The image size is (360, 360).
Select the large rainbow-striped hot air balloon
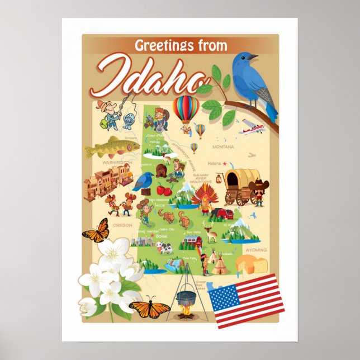pyautogui.click(x=185, y=109)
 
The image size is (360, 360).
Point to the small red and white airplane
pyautogui.click(x=250, y=130)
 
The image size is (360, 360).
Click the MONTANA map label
pyautogui.click(x=223, y=147)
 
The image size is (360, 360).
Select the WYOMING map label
pyautogui.click(x=256, y=250)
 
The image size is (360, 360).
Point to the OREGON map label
pyautogui.click(x=122, y=225)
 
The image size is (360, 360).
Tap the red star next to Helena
pyautogui.click(x=225, y=163)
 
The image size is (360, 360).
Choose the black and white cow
pyautogui.click(x=165, y=247)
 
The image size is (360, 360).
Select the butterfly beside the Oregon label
pyautogui.click(x=96, y=231)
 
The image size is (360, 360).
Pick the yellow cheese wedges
pyautogui.click(x=250, y=263)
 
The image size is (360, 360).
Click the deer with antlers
pyautogui.click(x=211, y=234)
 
